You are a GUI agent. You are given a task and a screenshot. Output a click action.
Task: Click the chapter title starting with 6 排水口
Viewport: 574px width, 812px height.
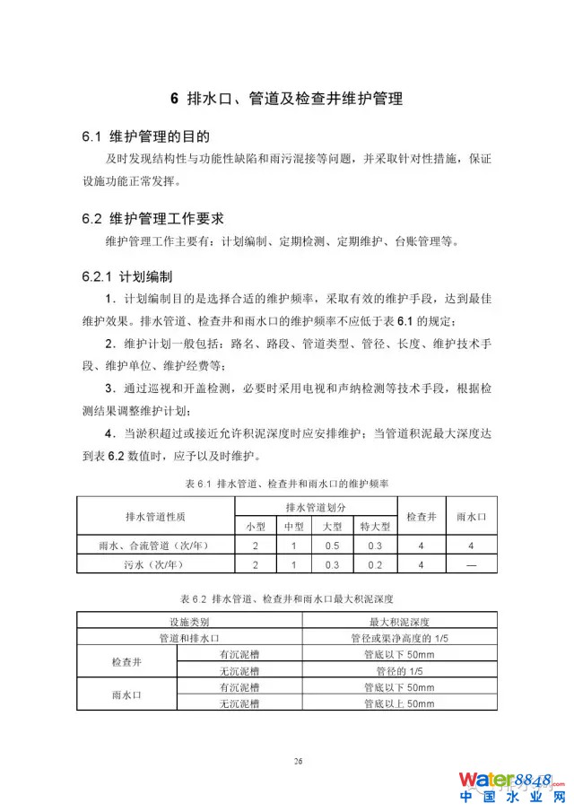286,99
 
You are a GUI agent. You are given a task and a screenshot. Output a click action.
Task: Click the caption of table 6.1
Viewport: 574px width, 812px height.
286,484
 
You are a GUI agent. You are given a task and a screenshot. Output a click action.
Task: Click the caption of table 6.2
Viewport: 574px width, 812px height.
286,597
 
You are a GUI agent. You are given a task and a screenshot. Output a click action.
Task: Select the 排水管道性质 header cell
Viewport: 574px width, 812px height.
155,517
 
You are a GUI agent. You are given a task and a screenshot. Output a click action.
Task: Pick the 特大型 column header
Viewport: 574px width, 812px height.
375,526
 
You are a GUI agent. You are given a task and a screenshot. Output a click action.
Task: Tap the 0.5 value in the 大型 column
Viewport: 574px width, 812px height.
332,546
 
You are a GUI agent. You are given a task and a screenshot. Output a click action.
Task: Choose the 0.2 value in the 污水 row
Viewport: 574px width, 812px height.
375,564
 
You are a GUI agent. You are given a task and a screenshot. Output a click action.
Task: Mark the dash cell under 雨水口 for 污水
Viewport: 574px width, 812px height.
470,564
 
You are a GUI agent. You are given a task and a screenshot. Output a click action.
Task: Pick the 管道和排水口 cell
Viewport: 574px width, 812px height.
189,638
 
